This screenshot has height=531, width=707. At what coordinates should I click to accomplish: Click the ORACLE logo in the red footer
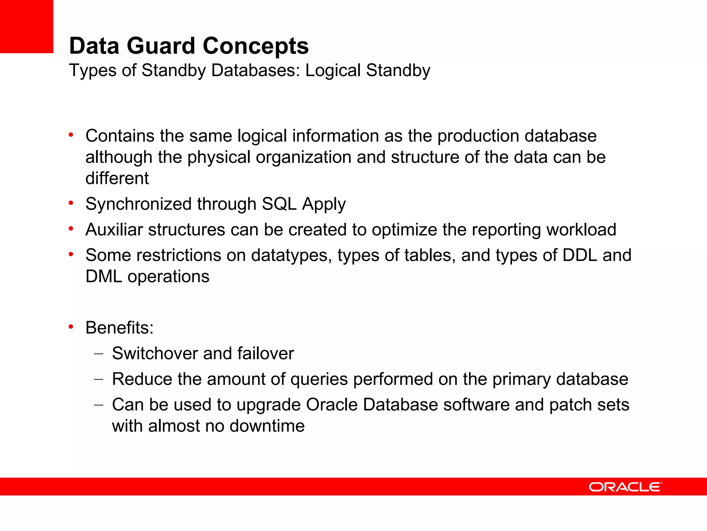coord(625,487)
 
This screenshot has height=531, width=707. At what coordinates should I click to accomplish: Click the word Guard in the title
coord(161,46)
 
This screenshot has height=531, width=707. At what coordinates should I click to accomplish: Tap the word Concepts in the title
coord(255,46)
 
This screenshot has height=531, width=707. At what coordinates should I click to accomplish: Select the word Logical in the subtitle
coord(333,71)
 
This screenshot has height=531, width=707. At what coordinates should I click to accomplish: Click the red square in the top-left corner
coord(27,26)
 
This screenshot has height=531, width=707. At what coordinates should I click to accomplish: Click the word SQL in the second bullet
coord(279,204)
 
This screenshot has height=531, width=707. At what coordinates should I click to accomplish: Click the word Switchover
coord(155,353)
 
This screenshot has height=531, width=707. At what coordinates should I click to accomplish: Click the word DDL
coord(580,255)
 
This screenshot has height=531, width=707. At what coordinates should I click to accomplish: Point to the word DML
coord(104,277)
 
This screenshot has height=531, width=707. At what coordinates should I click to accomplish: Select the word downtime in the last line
coord(267,426)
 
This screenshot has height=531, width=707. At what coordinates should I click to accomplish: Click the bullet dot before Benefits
coord(71,327)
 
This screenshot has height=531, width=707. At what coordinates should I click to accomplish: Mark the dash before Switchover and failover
coord(98,354)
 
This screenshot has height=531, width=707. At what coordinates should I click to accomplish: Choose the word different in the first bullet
coord(117,178)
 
